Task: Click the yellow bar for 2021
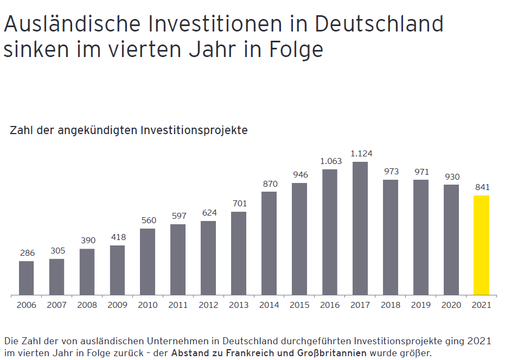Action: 481,245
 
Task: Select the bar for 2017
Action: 360,229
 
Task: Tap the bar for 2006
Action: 27,278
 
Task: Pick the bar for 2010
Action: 148,262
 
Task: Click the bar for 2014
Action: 269,243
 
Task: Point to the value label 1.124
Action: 361,154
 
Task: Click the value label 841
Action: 482,187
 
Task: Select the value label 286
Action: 27,253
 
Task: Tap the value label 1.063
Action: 330,161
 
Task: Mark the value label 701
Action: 239,204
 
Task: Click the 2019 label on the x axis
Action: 421,305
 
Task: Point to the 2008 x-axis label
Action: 87,305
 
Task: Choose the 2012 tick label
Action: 208,305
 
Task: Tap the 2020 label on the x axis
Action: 451,305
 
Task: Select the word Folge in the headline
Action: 296,49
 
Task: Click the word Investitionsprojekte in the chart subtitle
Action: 194,130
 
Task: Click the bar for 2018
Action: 391,237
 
